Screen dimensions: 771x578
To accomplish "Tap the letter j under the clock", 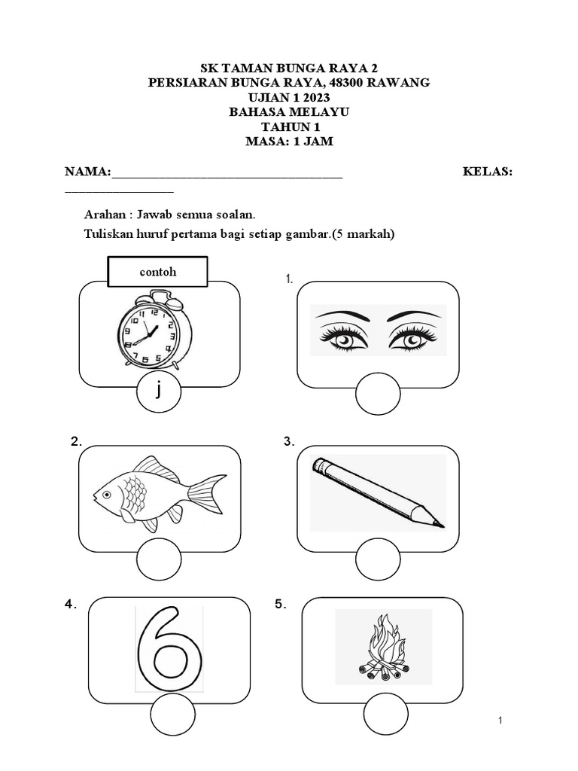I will pos(159,392).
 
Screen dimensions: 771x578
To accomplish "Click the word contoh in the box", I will pos(158,272).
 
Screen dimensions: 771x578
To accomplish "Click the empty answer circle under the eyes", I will pos(378,397).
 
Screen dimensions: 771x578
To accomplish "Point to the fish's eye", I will pos(108,495).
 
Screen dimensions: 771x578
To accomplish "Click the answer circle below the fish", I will pos(159,562).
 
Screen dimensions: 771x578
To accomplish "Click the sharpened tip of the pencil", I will pos(440,523).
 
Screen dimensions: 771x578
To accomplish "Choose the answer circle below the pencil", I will pos(378,562).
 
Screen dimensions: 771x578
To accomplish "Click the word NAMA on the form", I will pos(87,172).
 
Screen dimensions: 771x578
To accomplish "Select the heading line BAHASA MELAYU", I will pos(289,112).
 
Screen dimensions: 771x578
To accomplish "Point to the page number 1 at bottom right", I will pos(500,722).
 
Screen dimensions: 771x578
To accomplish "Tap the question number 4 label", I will pos(71,605).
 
